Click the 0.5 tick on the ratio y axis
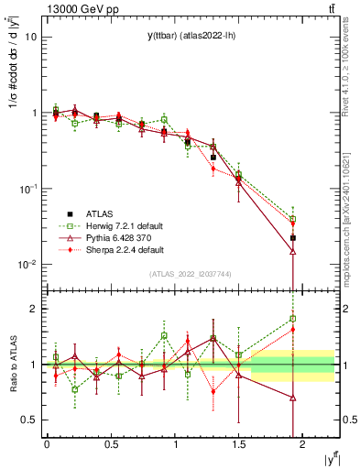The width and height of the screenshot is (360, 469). [27, 420]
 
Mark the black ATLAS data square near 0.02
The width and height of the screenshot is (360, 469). [293, 237]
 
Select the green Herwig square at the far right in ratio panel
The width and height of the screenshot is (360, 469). [293, 319]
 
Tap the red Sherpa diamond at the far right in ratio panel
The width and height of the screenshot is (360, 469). [293, 329]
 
